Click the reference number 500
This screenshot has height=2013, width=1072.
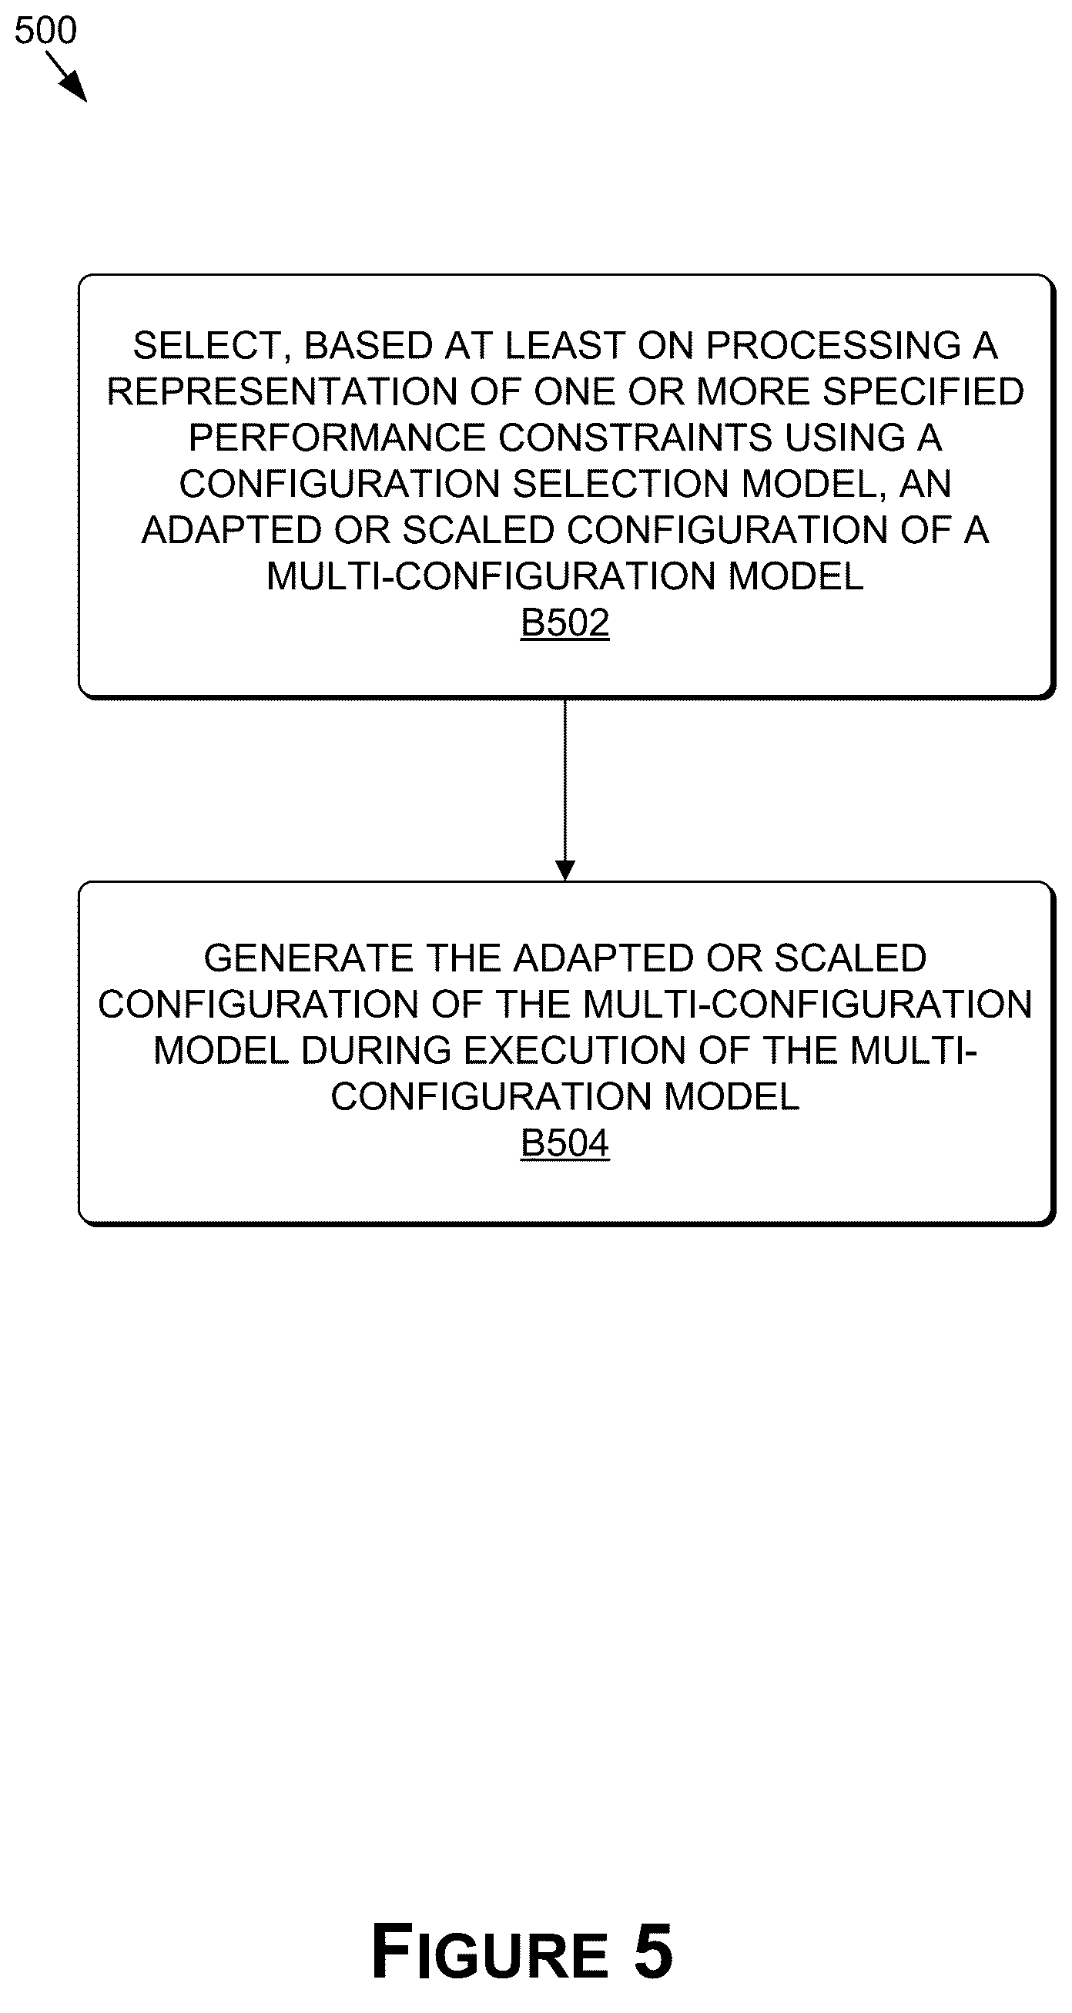tap(45, 31)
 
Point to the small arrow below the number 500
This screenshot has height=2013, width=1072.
tap(66, 76)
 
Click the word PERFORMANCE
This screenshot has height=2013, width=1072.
tap(337, 438)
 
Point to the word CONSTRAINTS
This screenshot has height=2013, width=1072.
tap(636, 438)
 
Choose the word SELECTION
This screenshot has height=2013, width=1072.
tap(621, 484)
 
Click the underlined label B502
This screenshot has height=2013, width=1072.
tap(565, 622)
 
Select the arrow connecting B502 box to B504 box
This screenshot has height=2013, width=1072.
tap(565, 790)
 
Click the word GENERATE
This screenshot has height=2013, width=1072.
tap(308, 958)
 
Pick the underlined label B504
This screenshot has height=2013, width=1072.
tap(565, 1143)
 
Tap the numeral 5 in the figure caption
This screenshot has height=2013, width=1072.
tap(653, 1951)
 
